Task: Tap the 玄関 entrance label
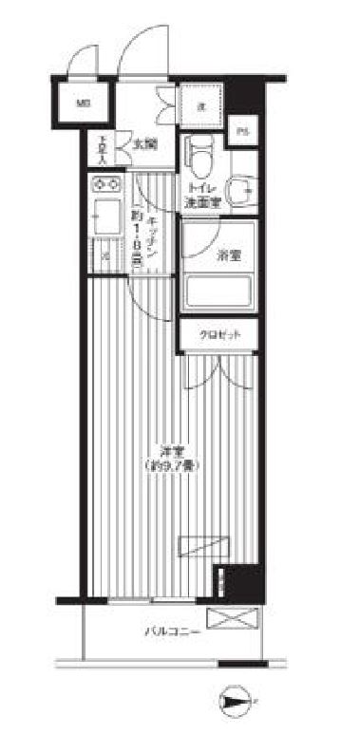(144, 145)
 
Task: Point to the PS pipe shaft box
(244, 131)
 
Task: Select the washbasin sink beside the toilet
(245, 188)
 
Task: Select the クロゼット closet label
(219, 335)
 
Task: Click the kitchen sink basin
(105, 217)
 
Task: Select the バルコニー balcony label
(171, 630)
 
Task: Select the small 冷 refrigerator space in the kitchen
(105, 254)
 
